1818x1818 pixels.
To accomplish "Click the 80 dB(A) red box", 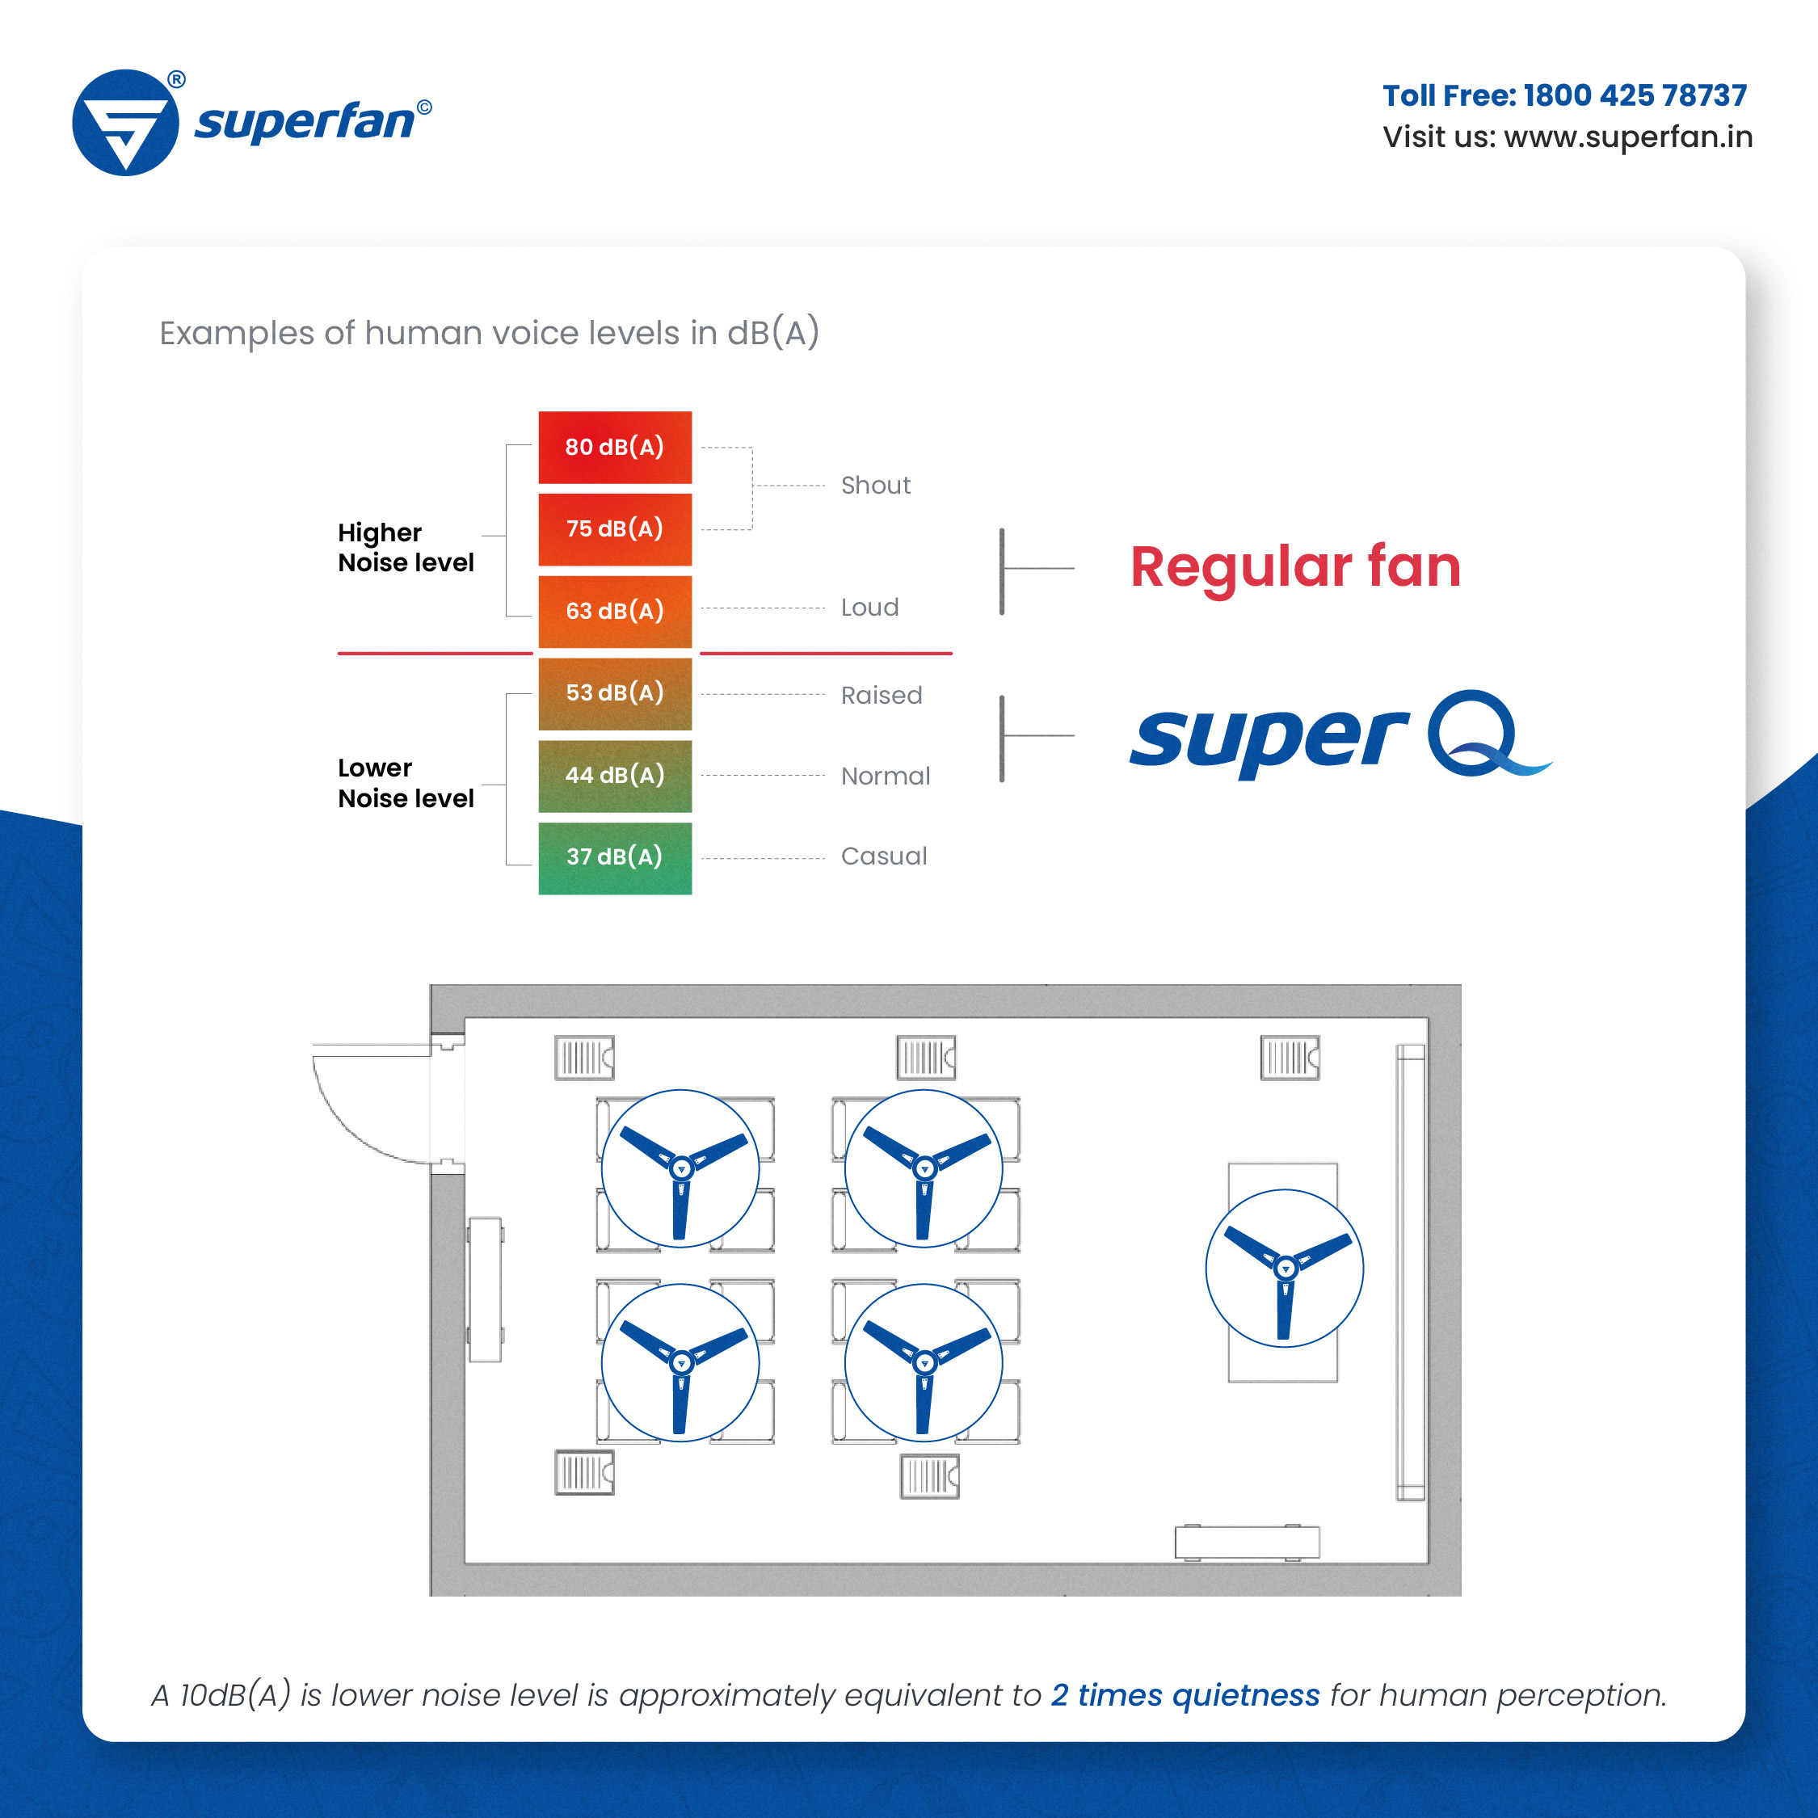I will tap(614, 447).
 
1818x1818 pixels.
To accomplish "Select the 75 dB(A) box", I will tap(614, 529).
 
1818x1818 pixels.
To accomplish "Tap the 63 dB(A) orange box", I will tap(614, 611).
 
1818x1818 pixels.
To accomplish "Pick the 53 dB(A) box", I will tap(614, 692).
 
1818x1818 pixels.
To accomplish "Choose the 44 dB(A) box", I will tap(614, 776).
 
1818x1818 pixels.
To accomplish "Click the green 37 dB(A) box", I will tap(614, 857).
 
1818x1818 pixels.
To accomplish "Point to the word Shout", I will tap(875, 486).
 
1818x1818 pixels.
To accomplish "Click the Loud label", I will tap(869, 608).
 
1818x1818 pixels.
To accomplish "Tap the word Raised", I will tap(881, 696).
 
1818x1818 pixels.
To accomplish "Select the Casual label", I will tap(884, 856).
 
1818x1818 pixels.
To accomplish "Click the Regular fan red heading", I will tap(1294, 567).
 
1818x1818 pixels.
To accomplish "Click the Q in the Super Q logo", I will tap(1473, 733).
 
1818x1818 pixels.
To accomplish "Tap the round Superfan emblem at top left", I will tap(125, 122).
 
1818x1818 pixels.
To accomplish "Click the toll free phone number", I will tap(1634, 95).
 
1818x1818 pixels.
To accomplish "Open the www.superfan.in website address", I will tap(1628, 137).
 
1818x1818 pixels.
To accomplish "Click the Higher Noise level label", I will tap(406, 548).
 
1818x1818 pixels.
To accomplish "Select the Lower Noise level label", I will tap(406, 783).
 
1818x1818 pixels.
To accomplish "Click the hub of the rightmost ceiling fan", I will tap(1286, 1269).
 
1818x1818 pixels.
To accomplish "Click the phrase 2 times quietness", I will tap(1185, 1694).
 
